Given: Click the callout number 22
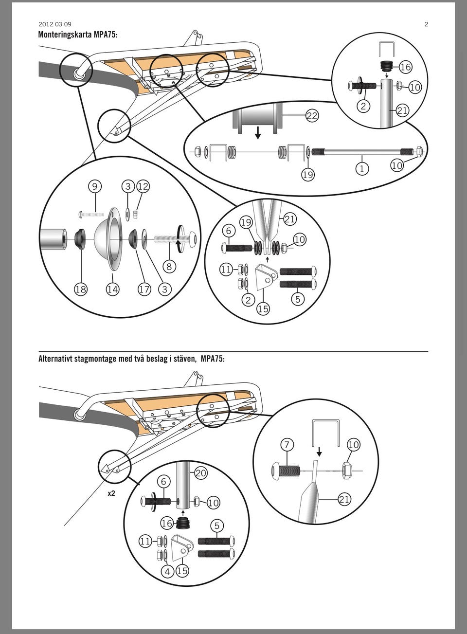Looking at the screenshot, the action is tap(312, 115).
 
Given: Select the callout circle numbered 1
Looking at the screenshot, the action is tap(362, 169).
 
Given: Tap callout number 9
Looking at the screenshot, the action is tap(94, 186).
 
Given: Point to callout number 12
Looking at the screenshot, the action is tap(143, 186).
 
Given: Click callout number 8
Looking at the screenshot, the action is tap(169, 266).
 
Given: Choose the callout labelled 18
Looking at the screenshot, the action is tap(81, 289).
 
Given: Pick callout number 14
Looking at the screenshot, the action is tap(112, 289).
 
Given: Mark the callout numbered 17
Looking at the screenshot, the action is tap(144, 289).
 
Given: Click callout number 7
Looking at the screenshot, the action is tap(287, 445).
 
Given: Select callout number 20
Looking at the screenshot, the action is tap(201, 473).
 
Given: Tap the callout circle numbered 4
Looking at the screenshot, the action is tap(167, 571).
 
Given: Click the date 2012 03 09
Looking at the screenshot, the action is tap(55, 24).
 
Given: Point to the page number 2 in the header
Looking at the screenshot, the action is tap(426, 24).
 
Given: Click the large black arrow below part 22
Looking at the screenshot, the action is tap(257, 133).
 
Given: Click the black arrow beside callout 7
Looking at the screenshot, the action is tap(319, 452).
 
